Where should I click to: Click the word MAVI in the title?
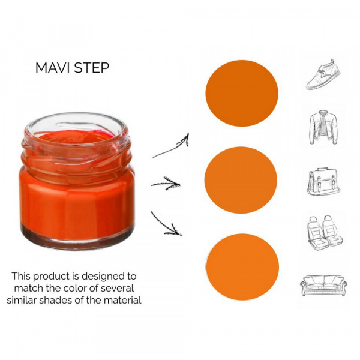pos(53,68)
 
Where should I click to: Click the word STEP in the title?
pos(92,68)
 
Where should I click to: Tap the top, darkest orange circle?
pos(242,93)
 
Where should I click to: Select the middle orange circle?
pos(241,180)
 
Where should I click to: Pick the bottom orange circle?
pos(242,267)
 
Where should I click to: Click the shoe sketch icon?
pos(323,74)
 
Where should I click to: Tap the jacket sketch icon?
pos(323,127)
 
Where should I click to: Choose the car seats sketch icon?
pos(325,233)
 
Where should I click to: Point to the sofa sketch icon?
pos(323,286)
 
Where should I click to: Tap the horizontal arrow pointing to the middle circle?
pos(166,184)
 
